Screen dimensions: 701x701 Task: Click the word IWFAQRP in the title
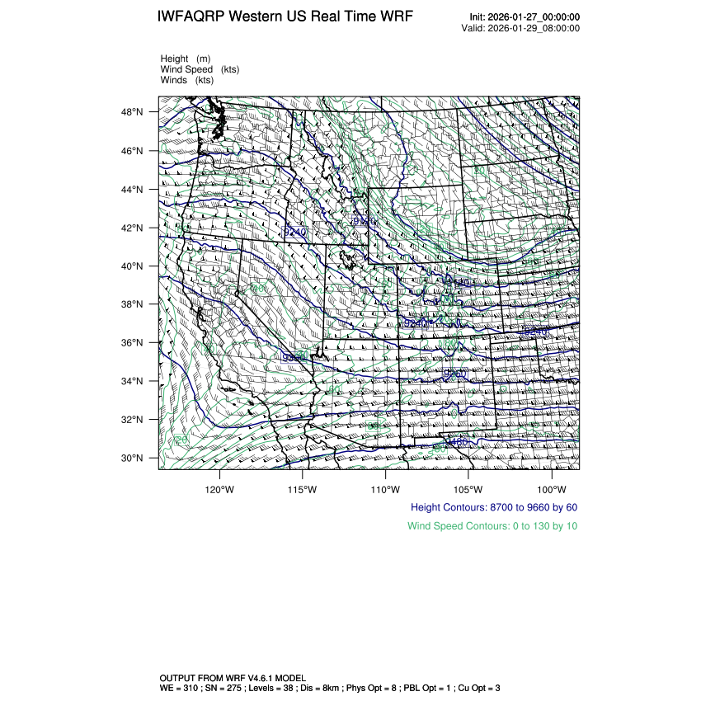pos(191,17)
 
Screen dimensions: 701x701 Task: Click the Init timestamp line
pos(525,17)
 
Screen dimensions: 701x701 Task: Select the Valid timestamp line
pos(520,28)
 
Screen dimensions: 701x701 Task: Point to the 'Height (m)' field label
pos(186,59)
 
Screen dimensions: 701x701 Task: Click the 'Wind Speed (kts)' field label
pos(200,69)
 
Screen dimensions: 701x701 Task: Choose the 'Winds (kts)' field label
pos(187,80)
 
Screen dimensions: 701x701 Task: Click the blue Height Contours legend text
pos(494,507)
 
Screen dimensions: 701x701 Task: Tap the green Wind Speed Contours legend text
pos(492,525)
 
